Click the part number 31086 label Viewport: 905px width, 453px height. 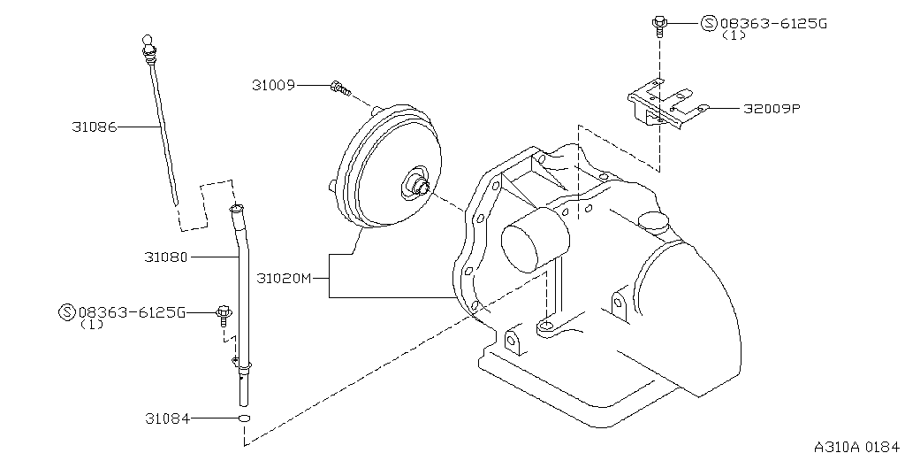(x=94, y=127)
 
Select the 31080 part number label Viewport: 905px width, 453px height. (x=166, y=257)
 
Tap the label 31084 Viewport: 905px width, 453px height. (x=167, y=418)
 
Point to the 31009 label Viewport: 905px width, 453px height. (x=273, y=85)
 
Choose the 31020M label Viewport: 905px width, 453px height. (x=284, y=279)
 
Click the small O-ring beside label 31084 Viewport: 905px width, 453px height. (x=244, y=418)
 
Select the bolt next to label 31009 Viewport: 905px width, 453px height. (x=340, y=88)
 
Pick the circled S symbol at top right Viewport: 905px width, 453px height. (x=709, y=23)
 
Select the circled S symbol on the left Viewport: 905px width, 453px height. (x=67, y=312)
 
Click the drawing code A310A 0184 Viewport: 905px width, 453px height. (x=856, y=447)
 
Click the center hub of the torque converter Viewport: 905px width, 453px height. (x=418, y=184)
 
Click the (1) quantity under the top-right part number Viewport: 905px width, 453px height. (x=733, y=35)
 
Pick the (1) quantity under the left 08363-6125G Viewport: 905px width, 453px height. (x=92, y=325)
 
